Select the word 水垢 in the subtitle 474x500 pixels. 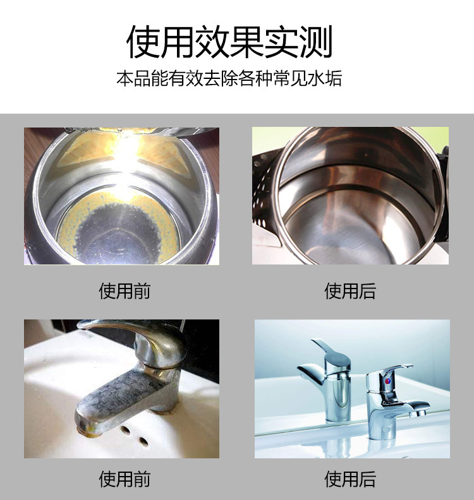[326, 79]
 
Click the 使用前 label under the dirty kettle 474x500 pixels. [125, 291]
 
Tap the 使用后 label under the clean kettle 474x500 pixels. [349, 291]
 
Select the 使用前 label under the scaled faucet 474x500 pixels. [125, 479]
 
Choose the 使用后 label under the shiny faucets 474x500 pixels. [349, 479]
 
